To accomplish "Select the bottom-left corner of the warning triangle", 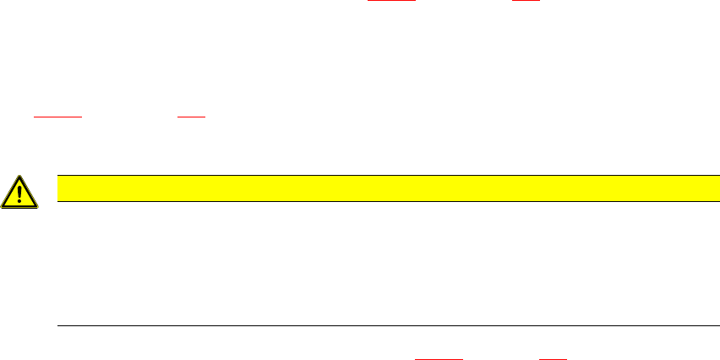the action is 3,207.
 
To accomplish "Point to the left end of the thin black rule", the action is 57,325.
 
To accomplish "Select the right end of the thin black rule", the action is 706,325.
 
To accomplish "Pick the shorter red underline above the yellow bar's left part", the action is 192,117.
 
